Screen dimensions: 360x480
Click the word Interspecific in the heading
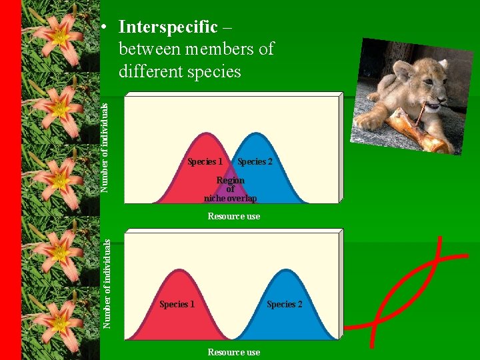point(167,27)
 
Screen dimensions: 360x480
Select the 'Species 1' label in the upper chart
point(205,161)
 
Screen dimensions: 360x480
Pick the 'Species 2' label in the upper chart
point(255,161)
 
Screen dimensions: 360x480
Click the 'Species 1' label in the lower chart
point(177,304)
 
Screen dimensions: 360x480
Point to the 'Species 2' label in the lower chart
point(285,304)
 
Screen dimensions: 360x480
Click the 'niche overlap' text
point(230,198)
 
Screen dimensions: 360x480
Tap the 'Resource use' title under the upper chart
point(233,216)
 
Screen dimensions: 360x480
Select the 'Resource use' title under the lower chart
point(233,352)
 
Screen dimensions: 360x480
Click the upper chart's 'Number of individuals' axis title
point(105,144)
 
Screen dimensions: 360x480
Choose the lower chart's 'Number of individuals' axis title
point(106,284)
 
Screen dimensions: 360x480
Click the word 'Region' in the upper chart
point(231,180)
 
